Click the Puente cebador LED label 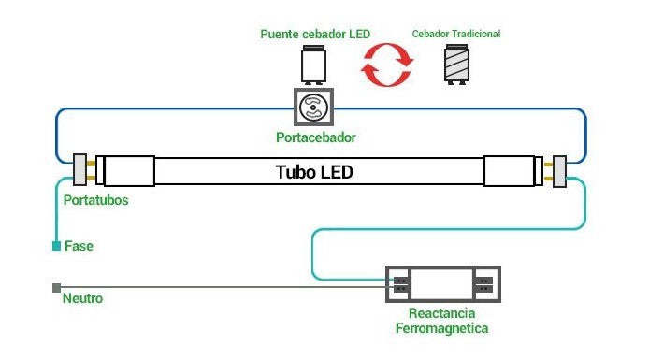tap(315, 35)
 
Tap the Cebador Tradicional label tap(455, 35)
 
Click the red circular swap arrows tap(386, 65)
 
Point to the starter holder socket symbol tap(315, 109)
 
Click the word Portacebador tap(316, 138)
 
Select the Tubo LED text tap(314, 173)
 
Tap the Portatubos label tap(95, 201)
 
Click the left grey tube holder tap(79, 171)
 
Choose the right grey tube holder tap(560, 171)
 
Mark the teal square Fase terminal tap(56, 246)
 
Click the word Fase tap(79, 246)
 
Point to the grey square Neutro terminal tap(56, 287)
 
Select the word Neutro tap(82, 299)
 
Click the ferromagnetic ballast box tap(443, 284)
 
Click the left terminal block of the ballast tap(400, 284)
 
